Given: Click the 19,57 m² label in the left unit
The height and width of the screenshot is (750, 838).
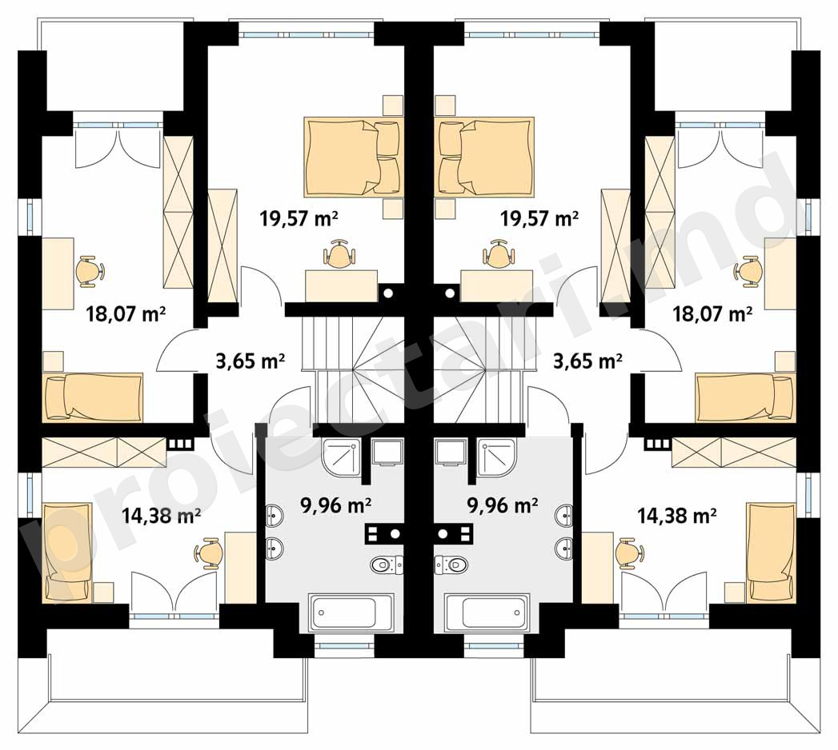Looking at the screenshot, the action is coord(299,217).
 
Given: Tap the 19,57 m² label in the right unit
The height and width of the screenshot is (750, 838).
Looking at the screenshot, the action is coord(539,217).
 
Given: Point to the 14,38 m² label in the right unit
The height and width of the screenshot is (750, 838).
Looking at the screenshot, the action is coord(676,515).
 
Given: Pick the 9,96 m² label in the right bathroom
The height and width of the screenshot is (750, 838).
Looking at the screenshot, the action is coord(503,505).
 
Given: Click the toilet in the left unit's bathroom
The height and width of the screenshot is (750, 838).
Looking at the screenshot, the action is coord(386,564).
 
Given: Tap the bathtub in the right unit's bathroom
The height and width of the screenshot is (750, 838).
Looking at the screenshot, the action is coord(487,612).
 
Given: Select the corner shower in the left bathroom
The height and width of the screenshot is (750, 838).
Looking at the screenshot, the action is coord(340,457).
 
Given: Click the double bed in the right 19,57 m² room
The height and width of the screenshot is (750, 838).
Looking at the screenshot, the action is coord(486,157).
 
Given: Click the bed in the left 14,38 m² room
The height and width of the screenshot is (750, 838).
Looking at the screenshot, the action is coord(66,552).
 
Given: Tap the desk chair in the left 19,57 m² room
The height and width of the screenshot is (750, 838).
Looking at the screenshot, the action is coord(339,254).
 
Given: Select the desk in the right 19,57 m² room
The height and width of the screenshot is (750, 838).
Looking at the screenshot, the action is coord(496,285).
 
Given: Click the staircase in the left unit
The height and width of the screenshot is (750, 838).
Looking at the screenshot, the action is coord(353,369).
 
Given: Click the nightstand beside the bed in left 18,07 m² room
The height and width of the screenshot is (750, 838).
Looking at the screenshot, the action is coord(53,361).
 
